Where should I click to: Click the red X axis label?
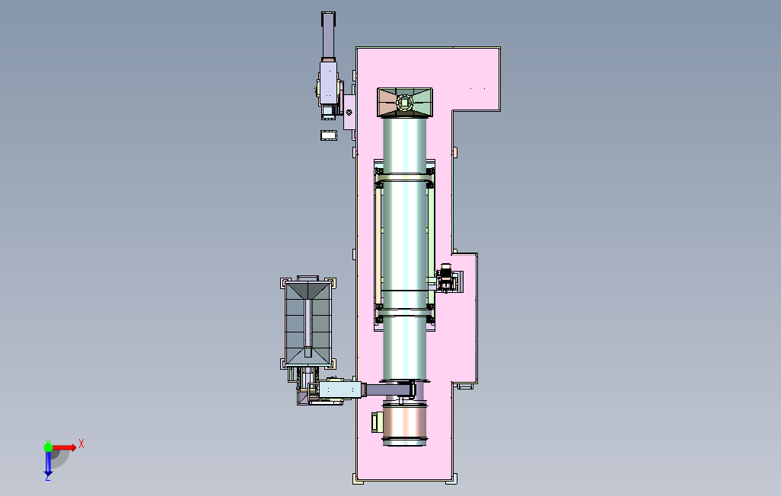pyautogui.click(x=81, y=444)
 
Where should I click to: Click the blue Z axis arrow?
pyautogui.click(x=48, y=463)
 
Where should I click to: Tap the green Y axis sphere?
pyautogui.click(x=48, y=447)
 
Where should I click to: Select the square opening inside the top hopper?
pyautogui.click(x=404, y=103)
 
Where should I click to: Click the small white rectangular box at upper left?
pyautogui.click(x=328, y=135)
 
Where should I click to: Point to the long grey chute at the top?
pyautogui.click(x=328, y=35)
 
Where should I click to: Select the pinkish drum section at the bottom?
pyautogui.click(x=404, y=424)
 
